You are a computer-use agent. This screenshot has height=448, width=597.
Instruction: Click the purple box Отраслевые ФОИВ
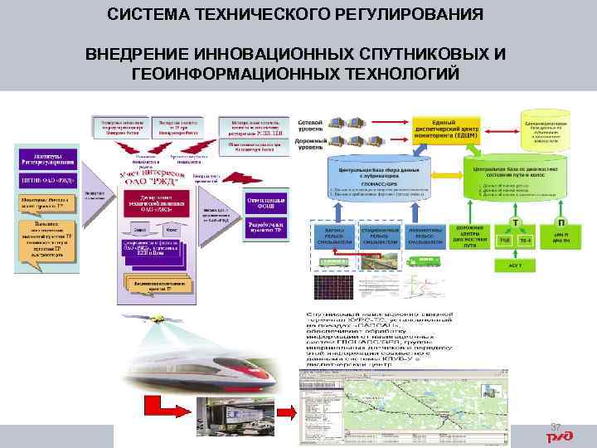tap(268, 202)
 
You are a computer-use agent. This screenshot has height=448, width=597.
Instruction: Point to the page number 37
tap(556, 426)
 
